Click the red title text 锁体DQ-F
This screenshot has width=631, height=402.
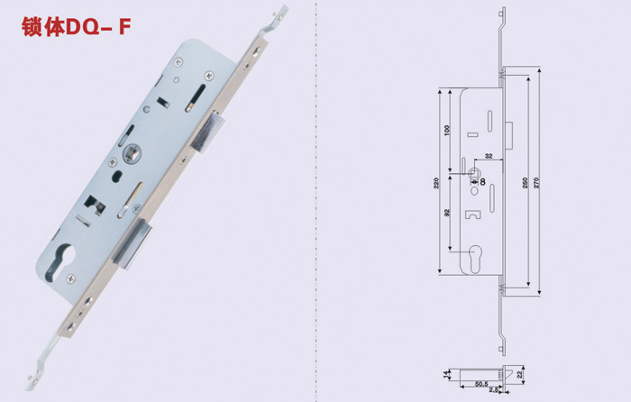tap(76, 27)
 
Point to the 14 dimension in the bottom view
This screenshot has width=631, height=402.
tap(444, 372)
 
